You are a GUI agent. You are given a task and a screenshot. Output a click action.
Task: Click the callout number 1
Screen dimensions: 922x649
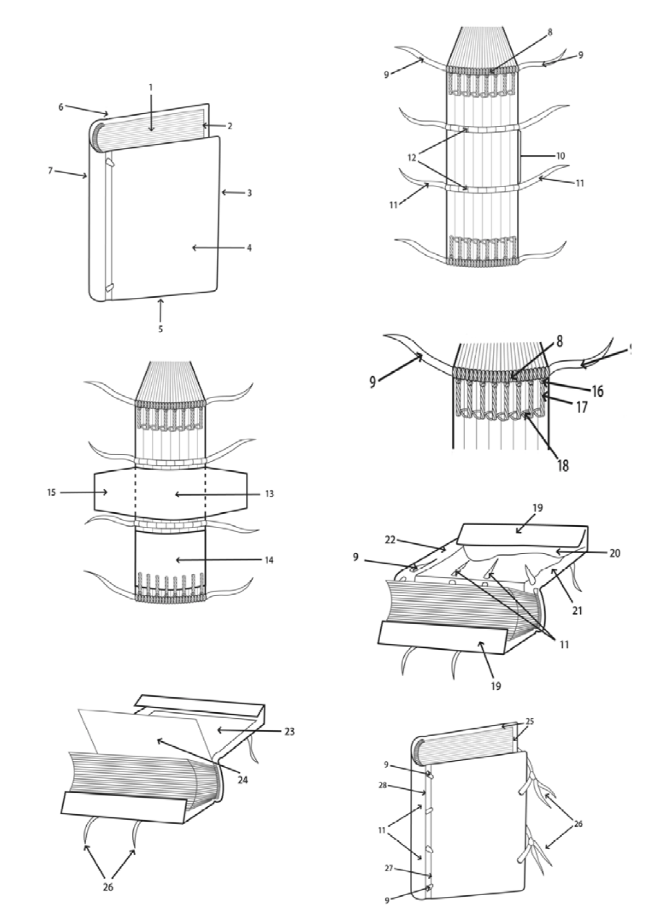point(151,87)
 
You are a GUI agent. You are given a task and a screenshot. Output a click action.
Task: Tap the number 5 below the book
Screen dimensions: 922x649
point(160,329)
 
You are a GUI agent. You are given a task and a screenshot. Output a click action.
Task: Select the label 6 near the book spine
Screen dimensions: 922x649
point(61,106)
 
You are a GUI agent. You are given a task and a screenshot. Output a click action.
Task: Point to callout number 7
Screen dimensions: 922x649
point(50,170)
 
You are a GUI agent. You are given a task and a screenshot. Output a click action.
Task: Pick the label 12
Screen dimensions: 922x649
point(412,158)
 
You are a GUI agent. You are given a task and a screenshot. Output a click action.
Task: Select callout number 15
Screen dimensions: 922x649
point(52,493)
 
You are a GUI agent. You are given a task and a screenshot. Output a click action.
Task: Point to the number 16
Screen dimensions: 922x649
point(597,391)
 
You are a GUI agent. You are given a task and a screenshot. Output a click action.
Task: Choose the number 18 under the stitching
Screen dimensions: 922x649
point(562,465)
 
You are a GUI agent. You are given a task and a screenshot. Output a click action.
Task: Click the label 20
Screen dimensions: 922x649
point(614,553)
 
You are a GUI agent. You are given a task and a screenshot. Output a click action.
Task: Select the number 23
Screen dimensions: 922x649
point(289,731)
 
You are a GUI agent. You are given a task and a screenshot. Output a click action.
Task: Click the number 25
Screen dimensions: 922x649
point(530,722)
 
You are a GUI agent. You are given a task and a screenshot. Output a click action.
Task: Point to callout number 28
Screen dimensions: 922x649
point(382,785)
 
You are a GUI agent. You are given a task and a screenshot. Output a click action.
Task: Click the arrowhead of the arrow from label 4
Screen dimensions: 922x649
point(193,247)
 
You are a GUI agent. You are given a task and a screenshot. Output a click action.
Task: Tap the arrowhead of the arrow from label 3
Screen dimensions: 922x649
point(222,193)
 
